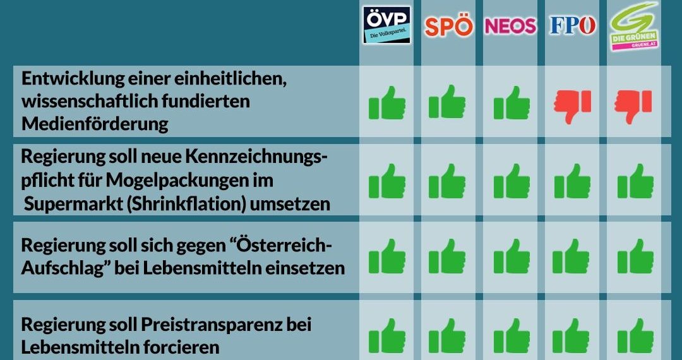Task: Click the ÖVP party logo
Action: (x=386, y=25)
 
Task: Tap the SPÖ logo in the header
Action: (x=448, y=26)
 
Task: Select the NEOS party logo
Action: (x=510, y=25)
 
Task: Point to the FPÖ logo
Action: (x=573, y=25)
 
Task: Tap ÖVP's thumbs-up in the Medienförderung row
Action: (x=386, y=103)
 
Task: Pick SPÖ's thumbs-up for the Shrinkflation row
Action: (x=448, y=181)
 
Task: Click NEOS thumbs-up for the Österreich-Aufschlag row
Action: (x=511, y=256)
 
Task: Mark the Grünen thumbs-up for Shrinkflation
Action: (x=635, y=181)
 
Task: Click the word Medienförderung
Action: (x=95, y=124)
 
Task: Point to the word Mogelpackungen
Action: (x=194, y=181)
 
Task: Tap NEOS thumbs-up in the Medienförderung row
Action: (x=511, y=103)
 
